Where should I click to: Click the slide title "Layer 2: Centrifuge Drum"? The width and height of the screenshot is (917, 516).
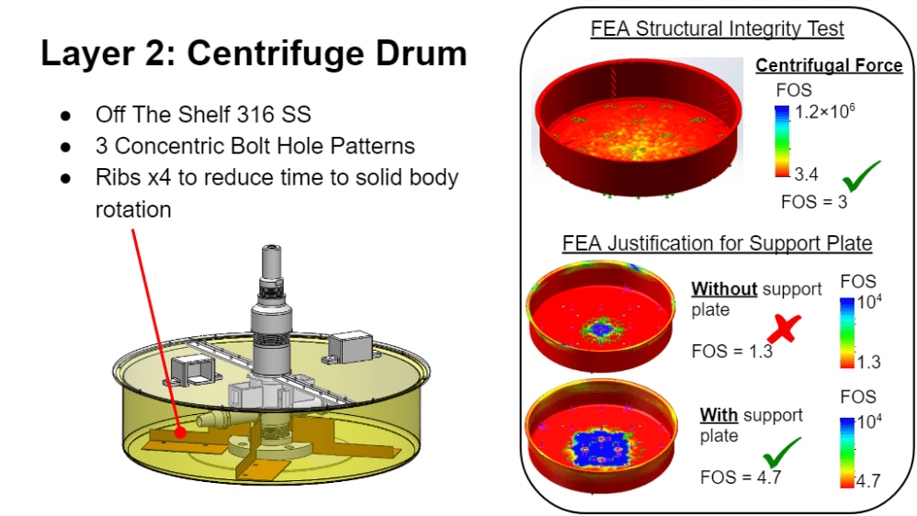(x=254, y=54)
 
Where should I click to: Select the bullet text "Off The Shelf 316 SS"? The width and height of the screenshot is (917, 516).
(x=203, y=115)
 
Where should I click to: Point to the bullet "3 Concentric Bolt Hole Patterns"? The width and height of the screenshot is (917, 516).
(x=255, y=146)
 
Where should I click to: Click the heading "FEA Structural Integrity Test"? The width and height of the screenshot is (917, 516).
(x=717, y=29)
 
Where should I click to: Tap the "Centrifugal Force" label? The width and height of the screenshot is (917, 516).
(x=829, y=66)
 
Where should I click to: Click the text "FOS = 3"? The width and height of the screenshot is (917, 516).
(x=812, y=202)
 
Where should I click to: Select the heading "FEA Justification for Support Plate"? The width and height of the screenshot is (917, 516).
(x=717, y=244)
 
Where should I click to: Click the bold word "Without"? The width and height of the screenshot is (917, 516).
(x=724, y=289)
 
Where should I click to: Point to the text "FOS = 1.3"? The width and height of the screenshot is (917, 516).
(x=731, y=351)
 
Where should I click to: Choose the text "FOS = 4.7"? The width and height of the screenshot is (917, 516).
(x=731, y=477)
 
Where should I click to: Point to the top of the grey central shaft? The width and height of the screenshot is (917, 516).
(x=272, y=250)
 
